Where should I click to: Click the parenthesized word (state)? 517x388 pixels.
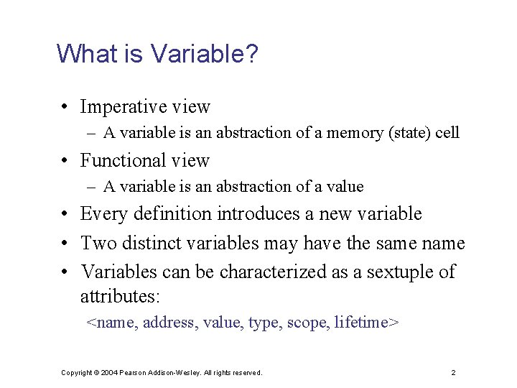tap(401, 133)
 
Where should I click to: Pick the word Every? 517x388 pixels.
tap(101, 214)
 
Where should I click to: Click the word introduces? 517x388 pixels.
tap(253, 214)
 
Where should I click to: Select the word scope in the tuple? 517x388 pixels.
tap(305, 323)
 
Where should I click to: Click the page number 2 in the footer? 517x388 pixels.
tap(453, 373)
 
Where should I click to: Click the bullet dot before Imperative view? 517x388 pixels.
tap(65, 108)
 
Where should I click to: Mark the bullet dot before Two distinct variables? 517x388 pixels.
tap(65, 244)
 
